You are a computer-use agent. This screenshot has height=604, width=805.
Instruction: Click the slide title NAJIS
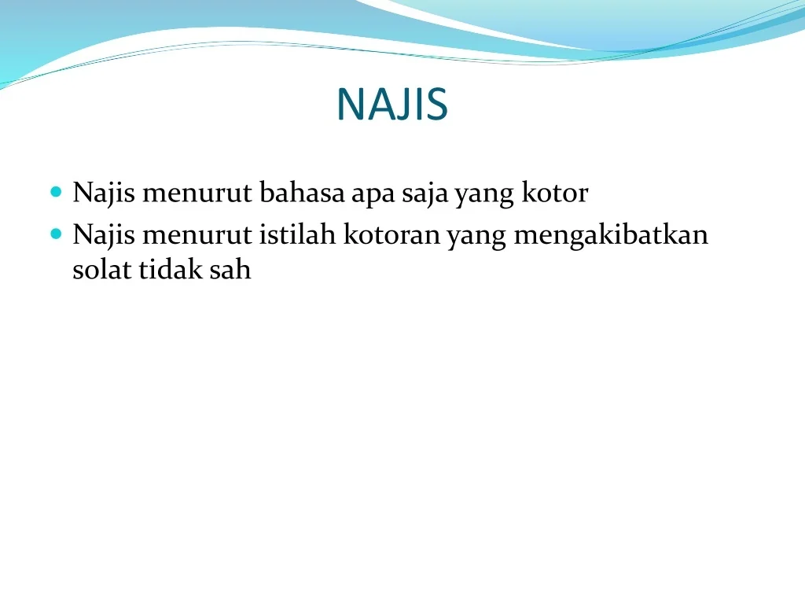pos(393,105)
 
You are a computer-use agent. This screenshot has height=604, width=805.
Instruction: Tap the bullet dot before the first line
pos(56,192)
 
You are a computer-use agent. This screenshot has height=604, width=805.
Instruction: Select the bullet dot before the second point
pos(56,234)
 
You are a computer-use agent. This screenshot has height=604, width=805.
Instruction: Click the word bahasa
pos(302,192)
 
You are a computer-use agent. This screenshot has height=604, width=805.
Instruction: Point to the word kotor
pos(555,193)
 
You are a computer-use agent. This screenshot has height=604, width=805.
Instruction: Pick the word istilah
pos(297,234)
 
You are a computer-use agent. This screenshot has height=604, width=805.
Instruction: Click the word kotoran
pos(391,234)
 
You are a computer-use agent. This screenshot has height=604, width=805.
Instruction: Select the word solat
pos(102,269)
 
